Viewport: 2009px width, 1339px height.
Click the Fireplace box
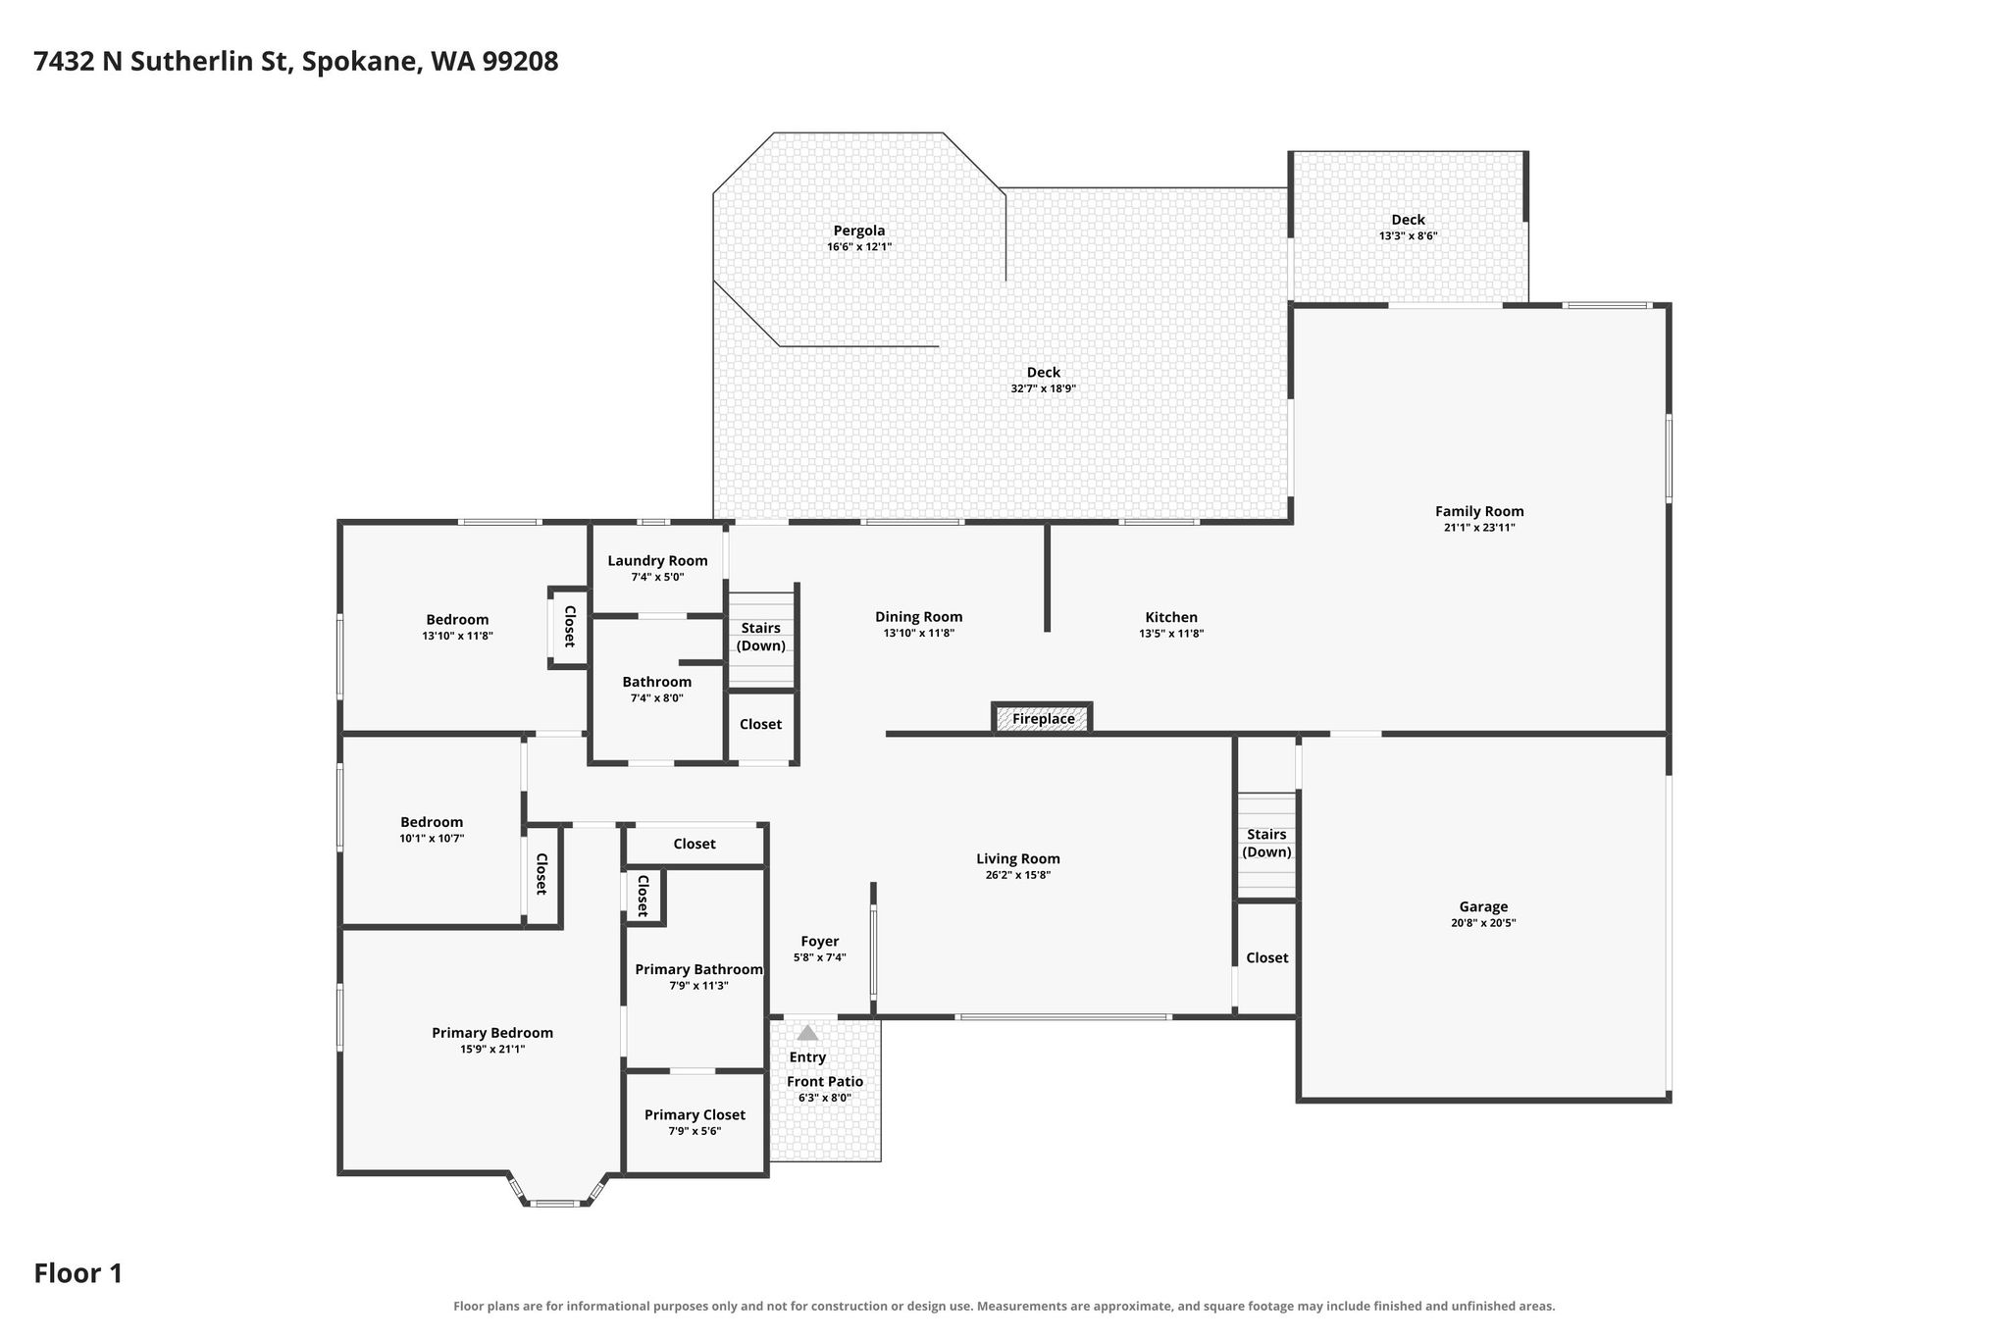(x=1042, y=718)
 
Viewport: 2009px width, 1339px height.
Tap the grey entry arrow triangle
(x=807, y=1032)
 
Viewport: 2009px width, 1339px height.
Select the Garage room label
(x=1483, y=906)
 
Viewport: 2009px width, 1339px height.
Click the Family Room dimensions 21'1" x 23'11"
(x=1479, y=528)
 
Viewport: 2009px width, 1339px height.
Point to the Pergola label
(x=859, y=231)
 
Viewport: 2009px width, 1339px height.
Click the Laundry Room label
(x=657, y=561)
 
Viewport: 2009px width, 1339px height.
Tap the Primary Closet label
(x=695, y=1114)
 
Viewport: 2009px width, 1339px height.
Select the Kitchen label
(x=1171, y=617)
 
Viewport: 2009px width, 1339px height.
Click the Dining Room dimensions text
(x=919, y=634)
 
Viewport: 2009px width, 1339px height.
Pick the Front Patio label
(x=825, y=1081)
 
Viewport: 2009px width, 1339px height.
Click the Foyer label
(x=819, y=942)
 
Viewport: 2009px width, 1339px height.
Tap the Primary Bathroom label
(x=698, y=969)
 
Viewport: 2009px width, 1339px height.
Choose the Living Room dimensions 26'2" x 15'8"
(x=1018, y=875)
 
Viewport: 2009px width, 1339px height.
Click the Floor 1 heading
(x=78, y=1273)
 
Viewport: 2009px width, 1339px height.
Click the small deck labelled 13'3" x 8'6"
(x=1409, y=227)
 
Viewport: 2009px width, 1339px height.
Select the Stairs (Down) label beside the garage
(x=1266, y=843)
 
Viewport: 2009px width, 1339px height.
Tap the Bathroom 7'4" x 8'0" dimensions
(x=657, y=698)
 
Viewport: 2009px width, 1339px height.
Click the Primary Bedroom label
(x=492, y=1033)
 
